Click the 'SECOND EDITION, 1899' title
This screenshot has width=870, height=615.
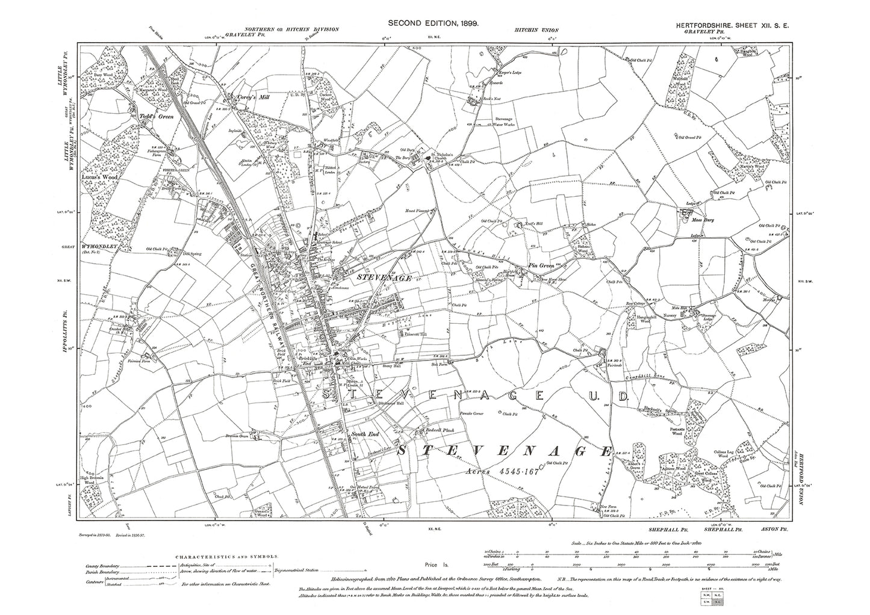coord(433,22)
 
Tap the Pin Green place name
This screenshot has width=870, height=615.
coord(541,265)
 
